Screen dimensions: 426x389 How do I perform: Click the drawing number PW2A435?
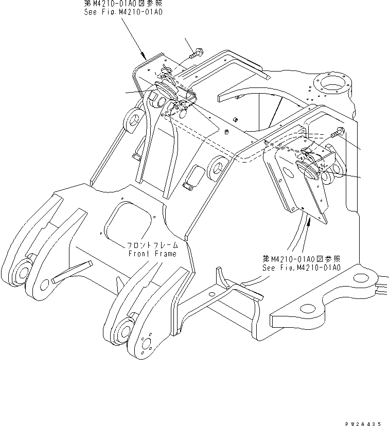(367, 421)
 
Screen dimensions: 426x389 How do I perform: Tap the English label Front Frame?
(152, 254)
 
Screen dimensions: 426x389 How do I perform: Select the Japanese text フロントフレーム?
(152, 246)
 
